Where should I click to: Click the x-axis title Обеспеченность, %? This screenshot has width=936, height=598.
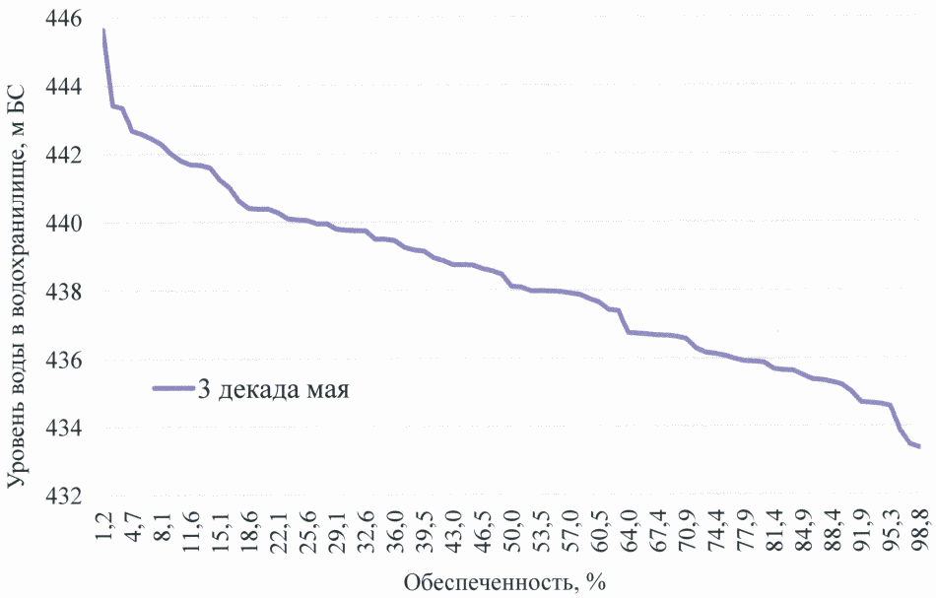point(504,582)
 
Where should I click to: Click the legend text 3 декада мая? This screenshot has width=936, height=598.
point(276,388)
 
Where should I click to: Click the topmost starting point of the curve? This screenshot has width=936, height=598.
point(103,31)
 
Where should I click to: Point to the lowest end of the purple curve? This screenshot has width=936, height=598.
point(918,446)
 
